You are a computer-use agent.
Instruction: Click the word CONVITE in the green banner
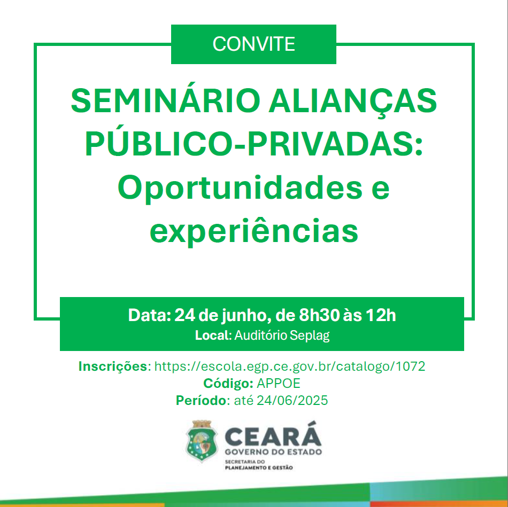253,44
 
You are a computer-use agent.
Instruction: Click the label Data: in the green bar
150,315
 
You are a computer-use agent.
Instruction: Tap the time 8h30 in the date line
319,315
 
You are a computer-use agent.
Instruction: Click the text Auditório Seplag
282,336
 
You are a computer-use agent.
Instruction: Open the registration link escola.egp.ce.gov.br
290,366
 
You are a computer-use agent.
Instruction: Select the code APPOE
279,384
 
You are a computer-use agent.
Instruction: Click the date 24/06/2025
292,401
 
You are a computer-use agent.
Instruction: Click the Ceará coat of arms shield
202,441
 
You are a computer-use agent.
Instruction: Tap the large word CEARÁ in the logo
273,434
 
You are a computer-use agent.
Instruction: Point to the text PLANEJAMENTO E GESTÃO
259,468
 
